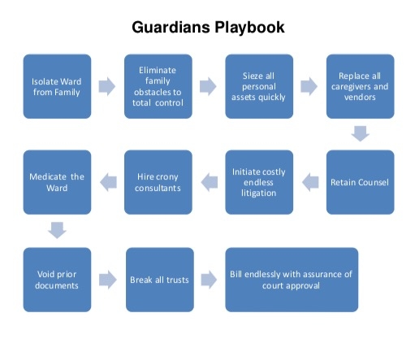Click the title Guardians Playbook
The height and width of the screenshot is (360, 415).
point(208,28)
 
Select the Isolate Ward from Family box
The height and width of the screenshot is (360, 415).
point(57,86)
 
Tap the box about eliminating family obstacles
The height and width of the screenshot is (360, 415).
point(158,86)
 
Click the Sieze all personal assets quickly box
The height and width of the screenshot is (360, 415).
point(259,86)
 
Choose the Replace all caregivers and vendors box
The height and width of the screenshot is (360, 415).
point(361,86)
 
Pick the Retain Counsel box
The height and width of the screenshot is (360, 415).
point(361,182)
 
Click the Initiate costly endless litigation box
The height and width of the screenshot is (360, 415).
point(259,182)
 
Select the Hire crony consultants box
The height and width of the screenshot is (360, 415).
point(158,182)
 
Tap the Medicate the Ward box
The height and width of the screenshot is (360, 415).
point(57,182)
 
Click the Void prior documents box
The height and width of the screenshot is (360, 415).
point(57,280)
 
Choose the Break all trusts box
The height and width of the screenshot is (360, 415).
point(160,280)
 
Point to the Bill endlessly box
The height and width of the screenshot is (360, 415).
point(292,280)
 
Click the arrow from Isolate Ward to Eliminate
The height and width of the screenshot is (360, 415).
point(107,86)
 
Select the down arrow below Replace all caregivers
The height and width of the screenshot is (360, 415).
point(361,133)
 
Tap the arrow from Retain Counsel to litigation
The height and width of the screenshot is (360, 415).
point(310,182)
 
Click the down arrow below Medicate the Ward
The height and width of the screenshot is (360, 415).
point(57,231)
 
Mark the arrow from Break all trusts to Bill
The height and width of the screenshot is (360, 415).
point(209,280)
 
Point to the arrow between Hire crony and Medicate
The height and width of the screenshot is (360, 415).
point(108,182)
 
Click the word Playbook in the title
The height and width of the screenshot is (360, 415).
point(249,28)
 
